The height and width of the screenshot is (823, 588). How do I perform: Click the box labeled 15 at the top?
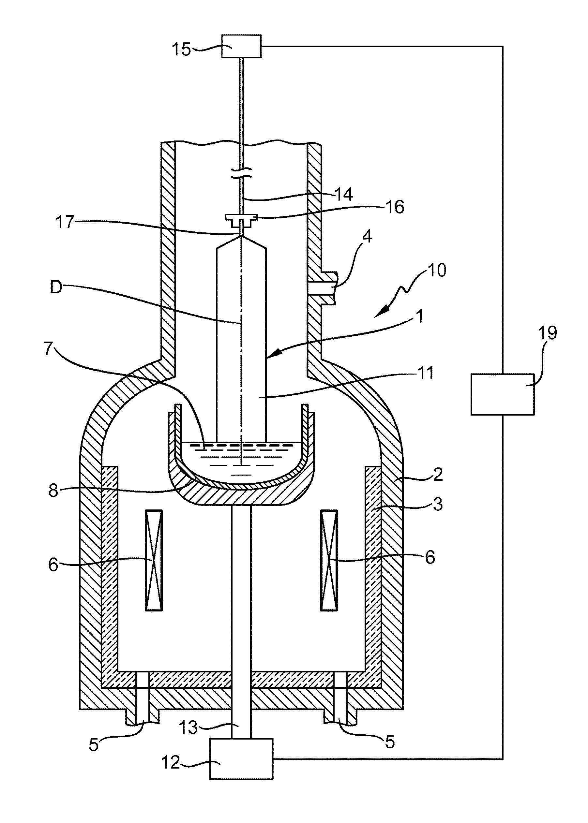pos(241,46)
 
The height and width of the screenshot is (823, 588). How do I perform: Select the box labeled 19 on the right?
pos(503,394)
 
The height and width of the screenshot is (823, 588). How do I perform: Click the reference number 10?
pos(436,270)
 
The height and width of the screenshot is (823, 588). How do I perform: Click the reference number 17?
pos(65,222)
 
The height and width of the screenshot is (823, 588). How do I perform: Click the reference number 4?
pos(367,238)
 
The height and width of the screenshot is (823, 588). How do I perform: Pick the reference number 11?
pos(425,373)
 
